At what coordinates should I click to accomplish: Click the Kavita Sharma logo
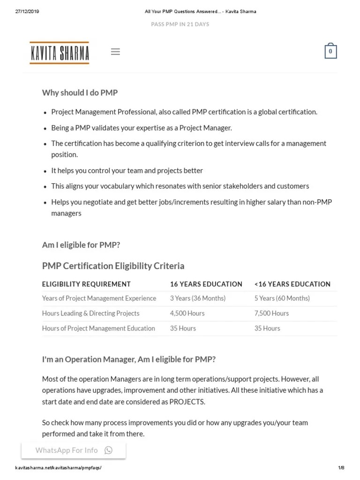tap(59, 52)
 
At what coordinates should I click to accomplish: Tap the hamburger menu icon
tap(115, 52)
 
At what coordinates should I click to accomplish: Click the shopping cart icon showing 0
tap(330, 52)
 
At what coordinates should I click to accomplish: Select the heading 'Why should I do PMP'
tap(80, 92)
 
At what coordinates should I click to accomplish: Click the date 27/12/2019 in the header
tap(27, 12)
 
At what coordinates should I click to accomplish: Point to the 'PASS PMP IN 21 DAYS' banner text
tap(180, 24)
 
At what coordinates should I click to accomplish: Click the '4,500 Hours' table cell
tap(187, 313)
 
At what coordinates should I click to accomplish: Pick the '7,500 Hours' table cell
tap(271, 313)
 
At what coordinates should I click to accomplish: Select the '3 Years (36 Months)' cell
tap(197, 298)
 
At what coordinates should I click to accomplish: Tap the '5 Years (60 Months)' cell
tap(282, 298)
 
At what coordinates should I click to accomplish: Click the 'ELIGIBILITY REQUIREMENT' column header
tap(86, 284)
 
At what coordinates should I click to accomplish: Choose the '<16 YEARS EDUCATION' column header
tap(292, 284)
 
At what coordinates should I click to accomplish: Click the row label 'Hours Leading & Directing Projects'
tap(90, 313)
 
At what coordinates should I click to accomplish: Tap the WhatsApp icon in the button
tap(109, 450)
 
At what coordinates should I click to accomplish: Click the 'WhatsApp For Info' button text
tap(67, 450)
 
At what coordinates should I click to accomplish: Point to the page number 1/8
tap(341, 468)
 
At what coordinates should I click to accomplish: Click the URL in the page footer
tap(59, 468)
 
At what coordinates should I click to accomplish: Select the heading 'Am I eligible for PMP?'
tap(81, 245)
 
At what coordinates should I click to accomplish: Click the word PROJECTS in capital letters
tap(187, 402)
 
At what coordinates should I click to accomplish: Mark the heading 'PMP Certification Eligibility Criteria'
tap(113, 266)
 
